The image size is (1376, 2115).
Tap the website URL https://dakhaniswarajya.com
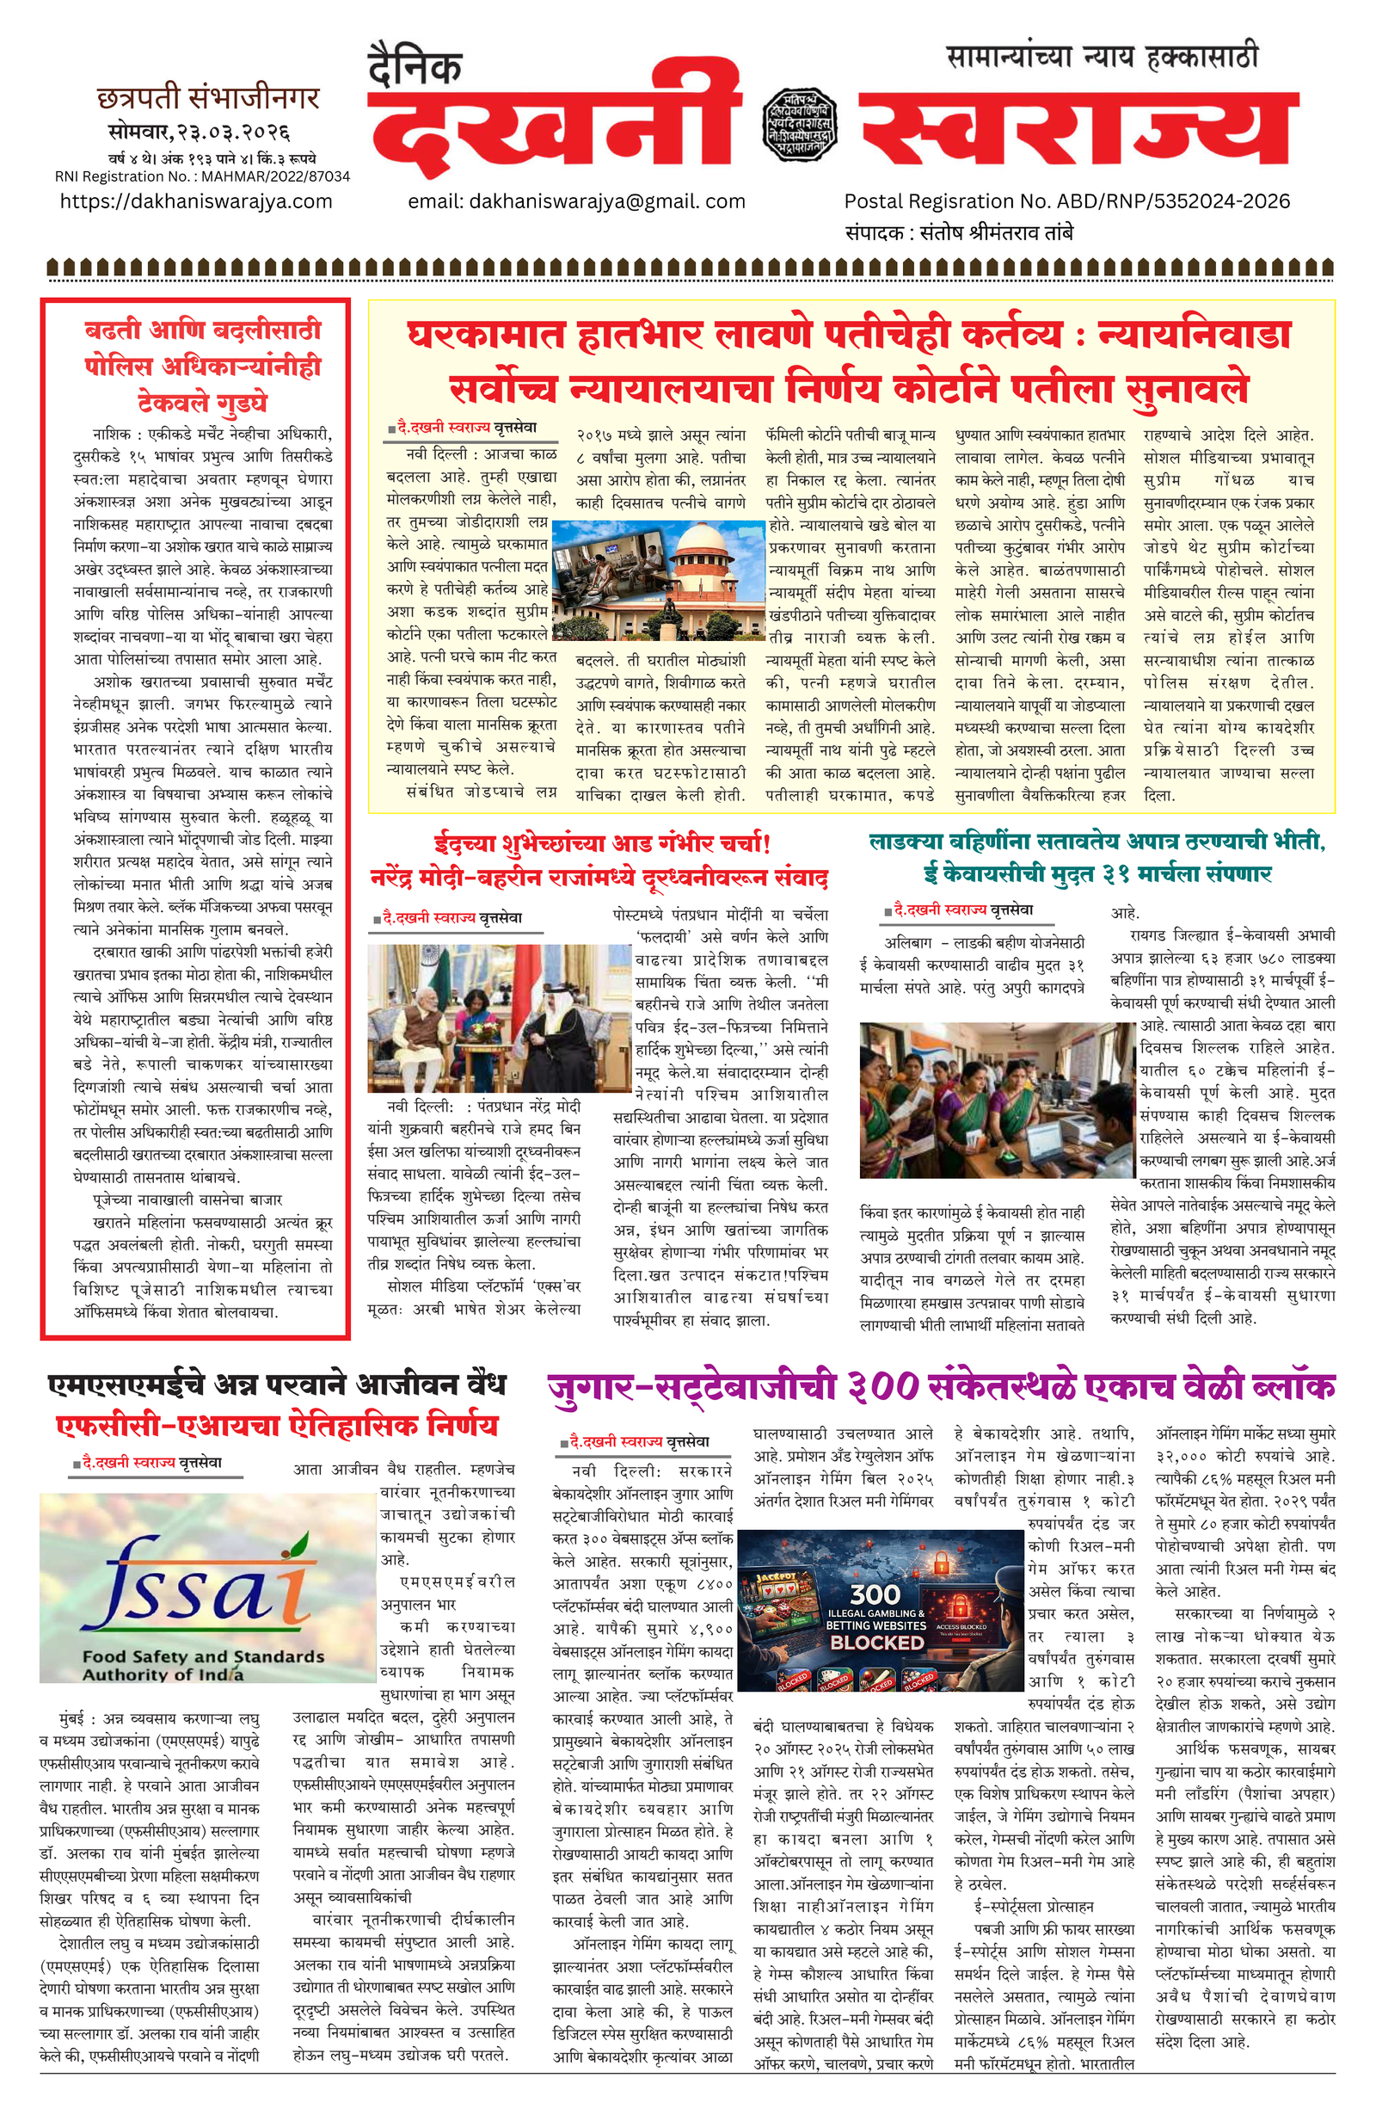(x=196, y=201)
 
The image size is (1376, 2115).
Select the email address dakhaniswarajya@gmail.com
(x=576, y=201)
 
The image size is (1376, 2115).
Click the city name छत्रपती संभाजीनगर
(x=208, y=98)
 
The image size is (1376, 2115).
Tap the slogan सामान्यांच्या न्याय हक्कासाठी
(x=1102, y=57)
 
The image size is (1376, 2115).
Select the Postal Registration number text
(x=1066, y=201)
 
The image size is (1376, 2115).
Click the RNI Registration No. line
(x=203, y=176)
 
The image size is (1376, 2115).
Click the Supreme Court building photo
(x=658, y=580)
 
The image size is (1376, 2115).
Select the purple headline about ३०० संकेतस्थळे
(x=941, y=1387)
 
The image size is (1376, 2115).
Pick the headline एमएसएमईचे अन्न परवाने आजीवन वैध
(x=276, y=1384)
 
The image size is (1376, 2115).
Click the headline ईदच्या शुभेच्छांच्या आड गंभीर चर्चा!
(x=601, y=842)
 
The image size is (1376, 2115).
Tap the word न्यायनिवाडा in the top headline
(x=1194, y=335)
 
